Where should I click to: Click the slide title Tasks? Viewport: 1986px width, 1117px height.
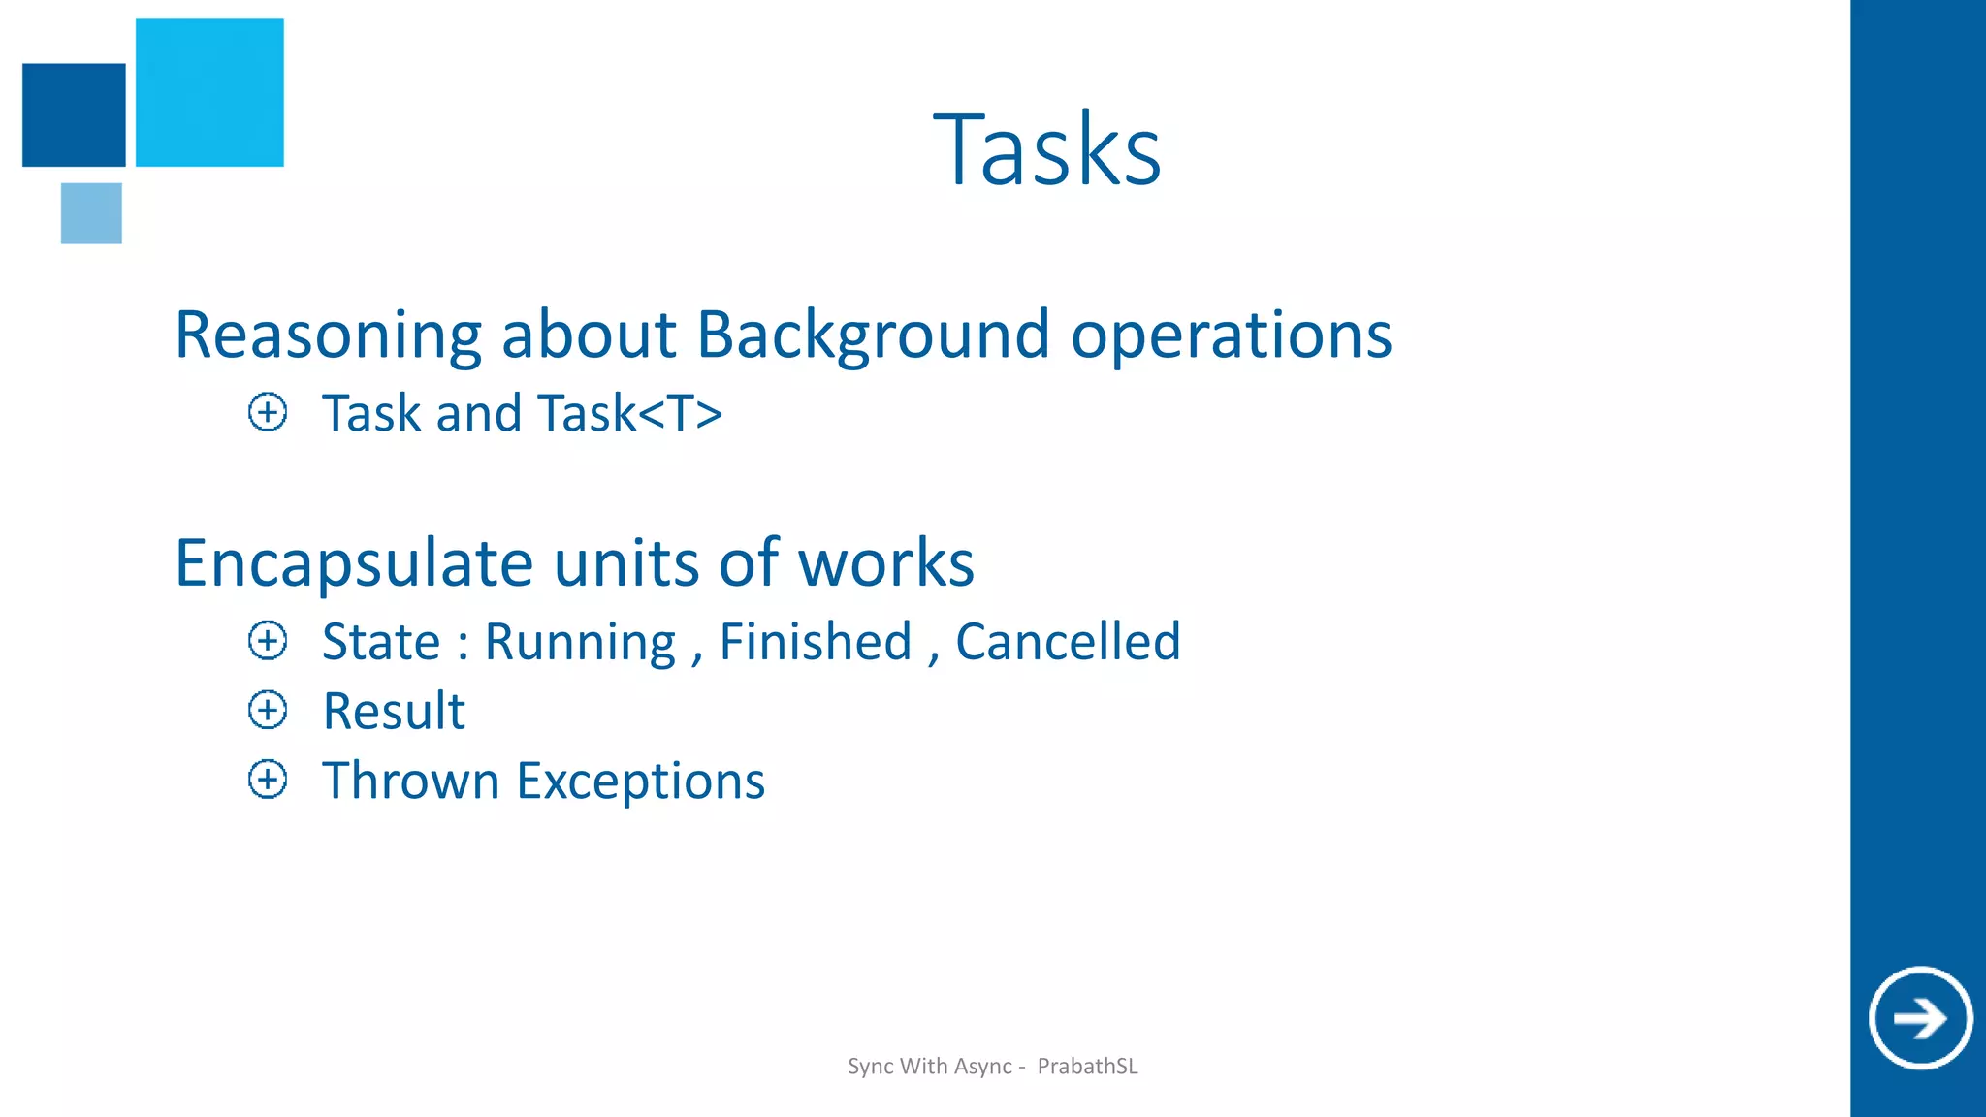[1047, 150]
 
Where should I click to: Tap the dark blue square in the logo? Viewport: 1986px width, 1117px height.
[74, 114]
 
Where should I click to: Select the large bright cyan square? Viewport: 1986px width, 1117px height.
[209, 92]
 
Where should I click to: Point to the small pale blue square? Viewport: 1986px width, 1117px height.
[91, 213]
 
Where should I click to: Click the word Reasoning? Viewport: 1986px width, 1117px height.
[328, 335]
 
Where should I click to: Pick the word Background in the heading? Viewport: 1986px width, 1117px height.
[873, 335]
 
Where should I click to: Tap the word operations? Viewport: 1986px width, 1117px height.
[1232, 335]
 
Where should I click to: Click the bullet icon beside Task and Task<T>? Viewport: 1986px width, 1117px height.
[268, 412]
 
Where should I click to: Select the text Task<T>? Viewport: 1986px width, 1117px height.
[630, 413]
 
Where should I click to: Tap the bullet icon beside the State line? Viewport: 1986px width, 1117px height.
[268, 641]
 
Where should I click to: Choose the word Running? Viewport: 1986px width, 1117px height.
[580, 642]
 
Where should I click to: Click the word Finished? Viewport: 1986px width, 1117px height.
[816, 642]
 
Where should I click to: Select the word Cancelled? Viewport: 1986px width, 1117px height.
[1068, 642]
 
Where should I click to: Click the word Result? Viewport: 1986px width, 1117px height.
[394, 711]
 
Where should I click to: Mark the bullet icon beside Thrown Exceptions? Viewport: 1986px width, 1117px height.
[268, 780]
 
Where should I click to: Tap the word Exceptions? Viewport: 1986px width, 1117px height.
[641, 782]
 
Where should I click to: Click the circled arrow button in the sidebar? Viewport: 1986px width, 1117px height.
[1920, 1018]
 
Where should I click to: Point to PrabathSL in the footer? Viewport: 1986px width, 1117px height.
[1087, 1067]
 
